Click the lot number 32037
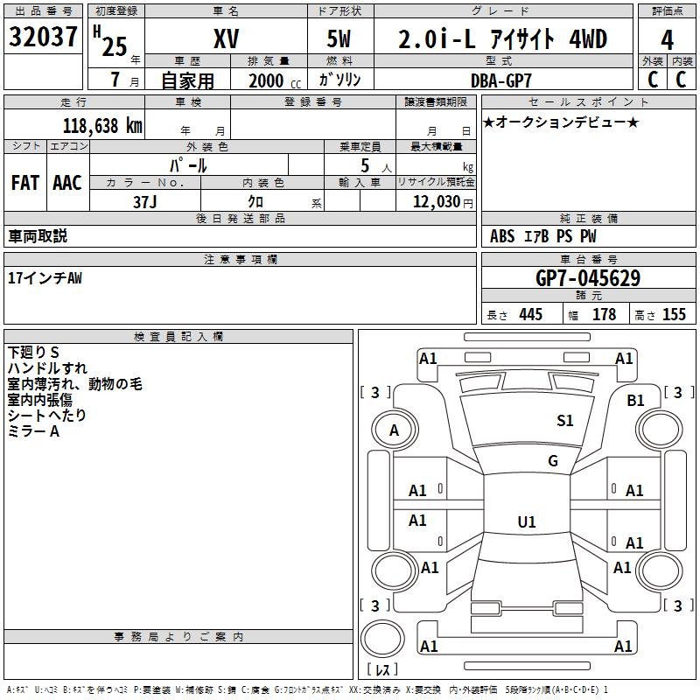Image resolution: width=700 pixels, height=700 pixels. click(45, 38)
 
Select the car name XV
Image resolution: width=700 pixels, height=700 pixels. click(226, 39)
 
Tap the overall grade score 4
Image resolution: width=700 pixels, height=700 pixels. click(668, 39)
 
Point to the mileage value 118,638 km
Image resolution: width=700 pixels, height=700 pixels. click(102, 125)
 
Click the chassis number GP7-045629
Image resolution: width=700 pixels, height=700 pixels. click(587, 278)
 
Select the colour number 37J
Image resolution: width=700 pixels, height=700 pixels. click(145, 200)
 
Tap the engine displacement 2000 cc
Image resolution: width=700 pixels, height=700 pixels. click(271, 80)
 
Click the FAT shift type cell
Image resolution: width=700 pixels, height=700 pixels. click(25, 182)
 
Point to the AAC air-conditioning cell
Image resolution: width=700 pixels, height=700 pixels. click(67, 182)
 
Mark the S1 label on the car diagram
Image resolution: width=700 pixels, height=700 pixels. click(565, 421)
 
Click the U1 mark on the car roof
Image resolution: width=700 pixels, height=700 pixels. click(526, 522)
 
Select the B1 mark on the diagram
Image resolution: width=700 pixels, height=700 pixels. click(635, 400)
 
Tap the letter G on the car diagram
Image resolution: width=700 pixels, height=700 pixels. click(553, 461)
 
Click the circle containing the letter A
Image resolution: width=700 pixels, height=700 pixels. click(395, 430)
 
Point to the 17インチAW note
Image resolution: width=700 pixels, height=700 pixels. click(45, 278)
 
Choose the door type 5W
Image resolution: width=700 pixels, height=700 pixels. click(340, 39)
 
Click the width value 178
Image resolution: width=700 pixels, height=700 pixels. click(604, 315)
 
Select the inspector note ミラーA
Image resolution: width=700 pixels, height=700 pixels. click(33, 431)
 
